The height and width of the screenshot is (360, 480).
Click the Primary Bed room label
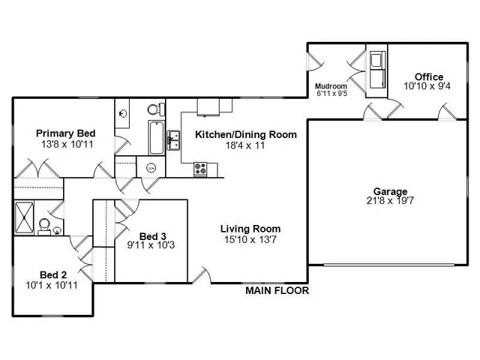(64, 133)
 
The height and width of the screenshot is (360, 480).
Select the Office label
(428, 76)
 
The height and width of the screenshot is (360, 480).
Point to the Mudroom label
(329, 85)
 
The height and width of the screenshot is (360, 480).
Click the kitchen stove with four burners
(200, 169)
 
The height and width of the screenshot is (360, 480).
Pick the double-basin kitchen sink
(174, 139)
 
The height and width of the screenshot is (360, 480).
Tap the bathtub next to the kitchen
(155, 136)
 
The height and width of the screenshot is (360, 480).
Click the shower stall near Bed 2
(25, 217)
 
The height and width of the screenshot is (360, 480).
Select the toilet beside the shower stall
(45, 224)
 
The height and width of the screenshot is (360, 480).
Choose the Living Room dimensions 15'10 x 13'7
(250, 240)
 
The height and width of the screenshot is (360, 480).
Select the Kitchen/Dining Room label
(245, 135)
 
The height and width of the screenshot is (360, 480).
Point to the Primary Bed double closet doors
(28, 170)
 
